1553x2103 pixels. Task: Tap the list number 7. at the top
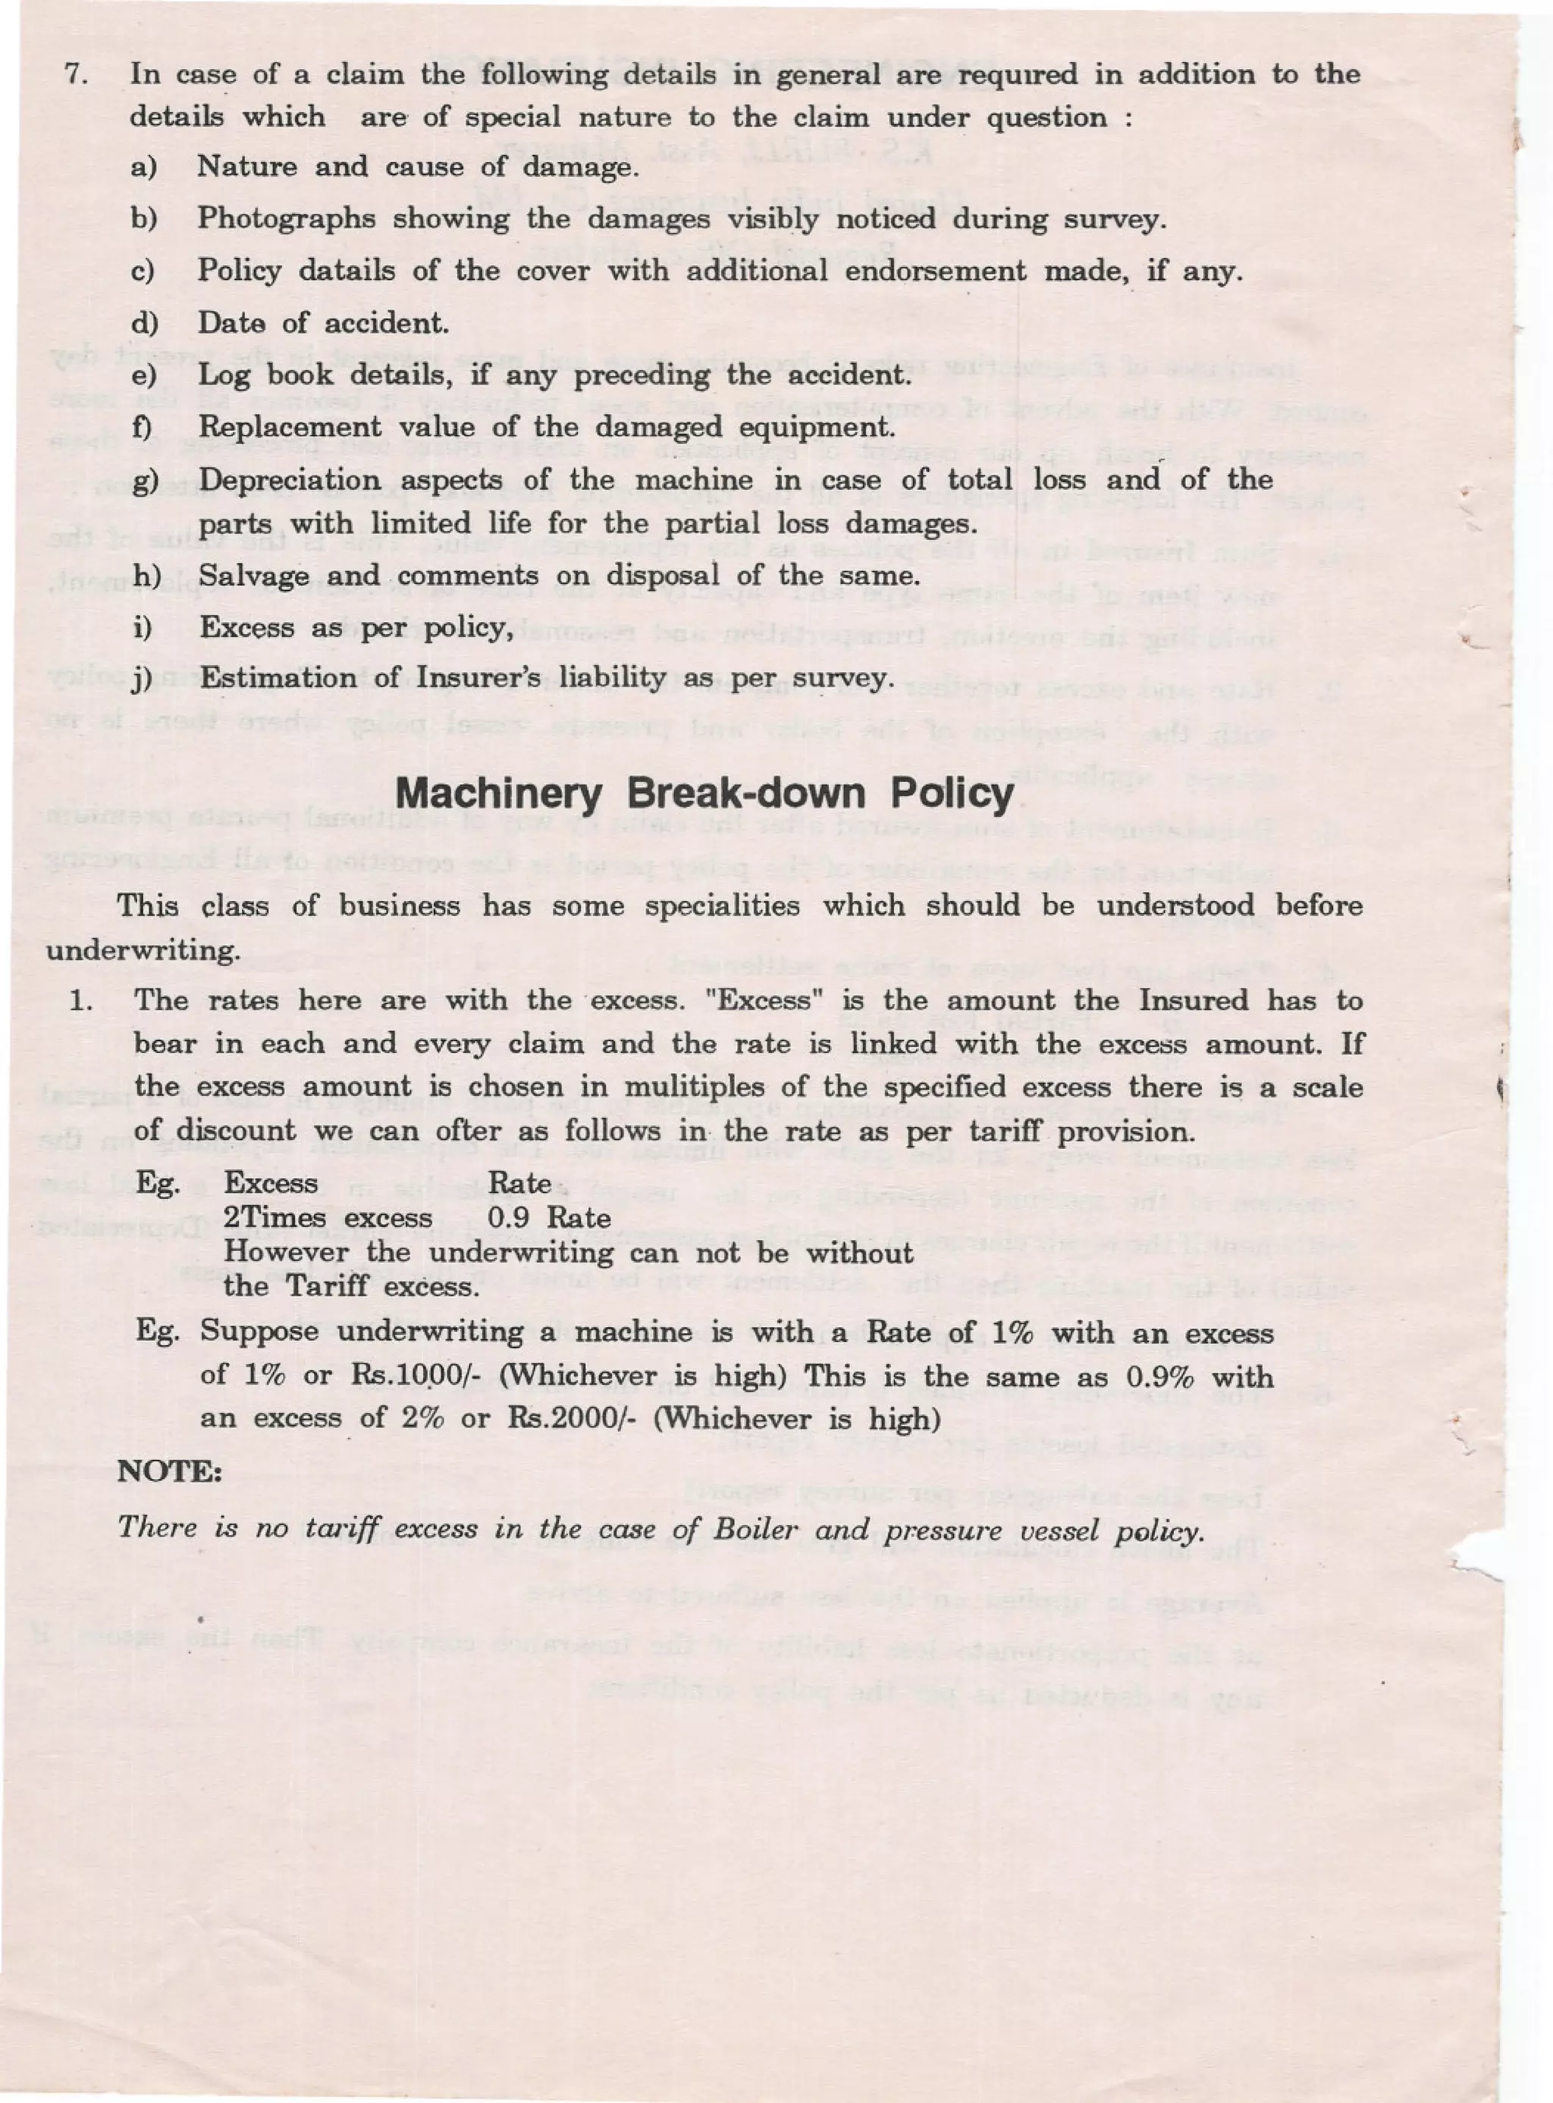pos(76,74)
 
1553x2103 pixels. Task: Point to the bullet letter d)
pos(145,323)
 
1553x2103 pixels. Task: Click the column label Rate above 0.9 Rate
pos(520,1182)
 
